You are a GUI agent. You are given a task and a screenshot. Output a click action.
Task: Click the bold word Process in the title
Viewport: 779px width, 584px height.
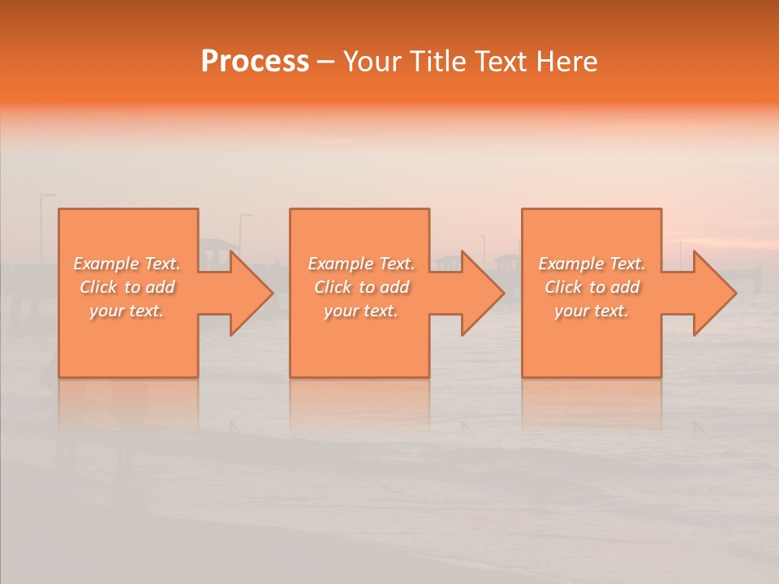tap(255, 62)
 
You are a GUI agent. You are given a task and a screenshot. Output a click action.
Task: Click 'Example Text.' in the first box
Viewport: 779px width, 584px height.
tap(127, 264)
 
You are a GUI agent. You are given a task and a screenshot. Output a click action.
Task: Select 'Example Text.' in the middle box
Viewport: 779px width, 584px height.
tap(361, 264)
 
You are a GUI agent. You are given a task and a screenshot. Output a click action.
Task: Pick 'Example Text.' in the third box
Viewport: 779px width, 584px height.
tap(592, 264)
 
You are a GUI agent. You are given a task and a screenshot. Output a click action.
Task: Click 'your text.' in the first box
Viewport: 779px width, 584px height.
tap(127, 311)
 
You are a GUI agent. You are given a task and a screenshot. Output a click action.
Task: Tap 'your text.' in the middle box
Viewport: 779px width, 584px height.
tap(361, 311)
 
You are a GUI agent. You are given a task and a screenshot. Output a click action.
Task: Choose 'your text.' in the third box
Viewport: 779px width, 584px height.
tap(592, 311)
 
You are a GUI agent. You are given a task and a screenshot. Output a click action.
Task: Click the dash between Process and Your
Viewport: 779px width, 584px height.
tap(325, 62)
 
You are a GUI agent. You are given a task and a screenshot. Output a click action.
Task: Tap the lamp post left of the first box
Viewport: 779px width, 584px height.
tap(43, 215)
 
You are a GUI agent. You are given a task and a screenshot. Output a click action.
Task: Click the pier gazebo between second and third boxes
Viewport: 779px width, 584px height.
tap(508, 261)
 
